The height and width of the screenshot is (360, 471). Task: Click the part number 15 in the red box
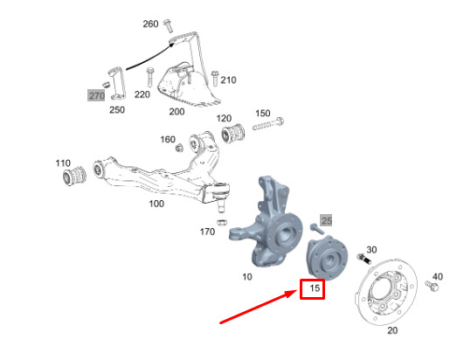(315, 288)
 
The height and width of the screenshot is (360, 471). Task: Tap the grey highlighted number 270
(96, 95)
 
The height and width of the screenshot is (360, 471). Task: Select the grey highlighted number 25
(326, 221)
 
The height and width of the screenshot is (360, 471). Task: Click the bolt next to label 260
(168, 25)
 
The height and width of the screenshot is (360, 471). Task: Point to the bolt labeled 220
(150, 77)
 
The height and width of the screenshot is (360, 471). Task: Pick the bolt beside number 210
(215, 78)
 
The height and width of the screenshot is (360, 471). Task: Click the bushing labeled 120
(233, 133)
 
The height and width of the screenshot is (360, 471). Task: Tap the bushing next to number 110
(74, 175)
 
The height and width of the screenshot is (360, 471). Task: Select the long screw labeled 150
(268, 124)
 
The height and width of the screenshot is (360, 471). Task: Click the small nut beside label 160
(179, 148)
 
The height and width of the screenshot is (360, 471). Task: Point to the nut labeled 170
(222, 223)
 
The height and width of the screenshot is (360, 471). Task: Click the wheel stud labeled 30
(364, 259)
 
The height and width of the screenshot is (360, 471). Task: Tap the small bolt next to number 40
(432, 286)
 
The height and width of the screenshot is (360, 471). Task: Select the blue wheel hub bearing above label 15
(327, 259)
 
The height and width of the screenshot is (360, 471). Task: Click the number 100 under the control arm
(156, 204)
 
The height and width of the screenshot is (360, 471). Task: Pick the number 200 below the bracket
(177, 111)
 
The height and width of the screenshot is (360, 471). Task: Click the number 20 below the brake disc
(392, 330)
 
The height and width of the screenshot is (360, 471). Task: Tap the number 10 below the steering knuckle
(247, 276)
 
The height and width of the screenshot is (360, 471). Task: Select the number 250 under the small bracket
(117, 109)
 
